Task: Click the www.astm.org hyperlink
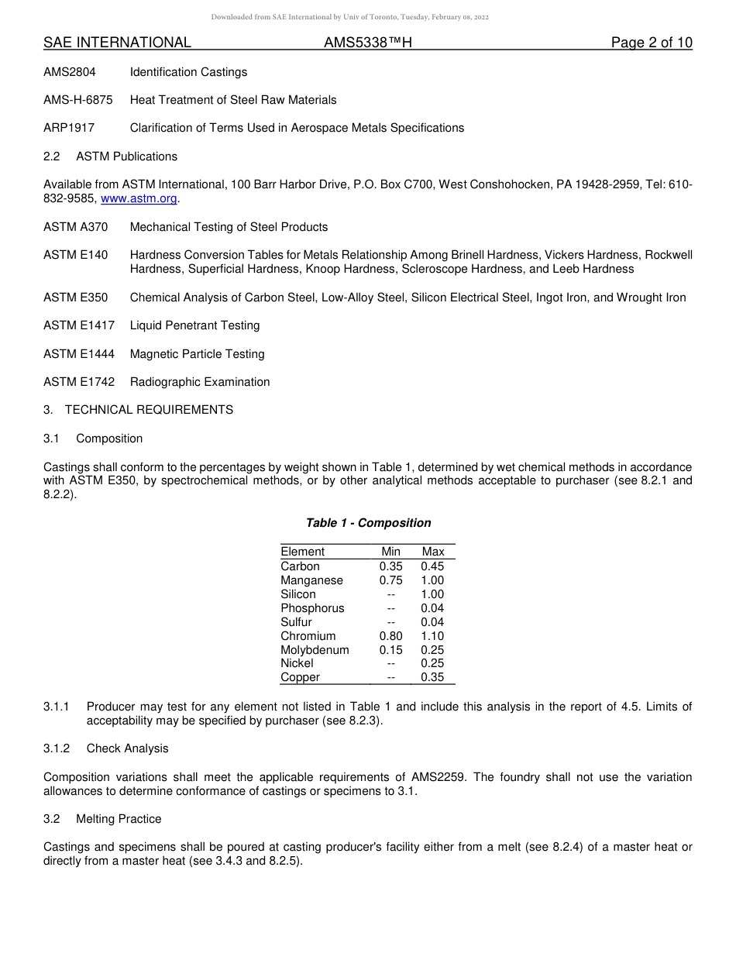(x=139, y=198)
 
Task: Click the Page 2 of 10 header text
(x=651, y=43)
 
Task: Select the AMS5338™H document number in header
(x=367, y=43)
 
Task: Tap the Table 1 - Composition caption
(x=368, y=523)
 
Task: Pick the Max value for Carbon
(x=432, y=566)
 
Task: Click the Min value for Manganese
(x=390, y=580)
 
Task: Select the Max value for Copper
(x=432, y=677)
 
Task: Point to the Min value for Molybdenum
(x=390, y=650)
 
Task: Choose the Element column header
(x=302, y=552)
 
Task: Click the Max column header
(x=433, y=552)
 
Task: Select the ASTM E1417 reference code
(x=78, y=325)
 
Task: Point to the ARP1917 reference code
(x=69, y=128)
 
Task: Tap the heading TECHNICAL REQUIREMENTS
(x=149, y=410)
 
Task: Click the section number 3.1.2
(x=57, y=748)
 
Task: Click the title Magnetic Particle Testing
(x=197, y=354)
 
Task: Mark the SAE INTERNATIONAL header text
(x=117, y=43)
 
